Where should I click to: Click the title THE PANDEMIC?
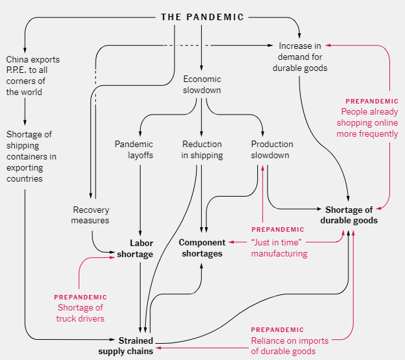tap(202, 17)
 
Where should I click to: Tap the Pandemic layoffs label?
tap(134, 150)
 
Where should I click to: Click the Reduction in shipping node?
tap(202, 150)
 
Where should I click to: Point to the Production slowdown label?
tap(272, 150)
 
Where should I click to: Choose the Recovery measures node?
tap(91, 215)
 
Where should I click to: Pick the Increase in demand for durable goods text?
tap(299, 57)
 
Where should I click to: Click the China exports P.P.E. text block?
tap(33, 76)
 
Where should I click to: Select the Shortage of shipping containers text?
tap(31, 156)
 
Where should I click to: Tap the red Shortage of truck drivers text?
tap(80, 313)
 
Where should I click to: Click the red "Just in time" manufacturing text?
tap(279, 248)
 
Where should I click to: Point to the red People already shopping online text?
tap(367, 122)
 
